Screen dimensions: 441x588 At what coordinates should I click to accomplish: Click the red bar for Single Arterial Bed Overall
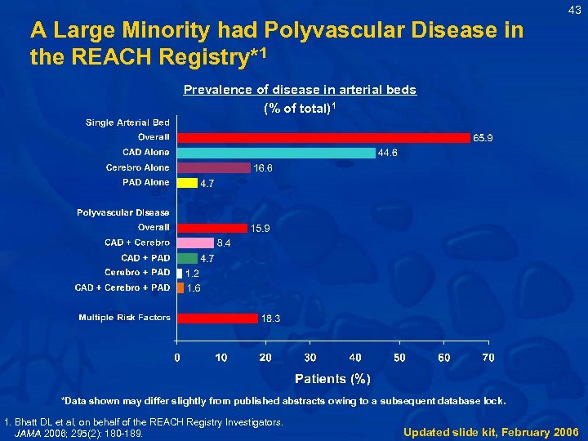tap(324, 137)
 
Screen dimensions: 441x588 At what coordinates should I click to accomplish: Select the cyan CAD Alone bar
tap(276, 153)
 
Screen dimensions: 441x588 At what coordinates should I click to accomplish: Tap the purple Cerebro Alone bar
tap(214, 167)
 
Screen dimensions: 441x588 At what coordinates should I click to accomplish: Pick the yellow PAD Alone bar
tap(188, 183)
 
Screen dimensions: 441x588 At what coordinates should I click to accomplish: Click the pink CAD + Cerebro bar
tap(196, 243)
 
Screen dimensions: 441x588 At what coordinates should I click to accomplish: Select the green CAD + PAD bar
tap(188, 258)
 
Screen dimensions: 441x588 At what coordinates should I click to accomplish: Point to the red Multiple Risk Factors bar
tap(218, 318)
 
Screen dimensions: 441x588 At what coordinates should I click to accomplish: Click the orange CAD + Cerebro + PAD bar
tap(180, 287)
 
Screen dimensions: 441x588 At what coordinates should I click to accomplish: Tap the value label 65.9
tap(483, 138)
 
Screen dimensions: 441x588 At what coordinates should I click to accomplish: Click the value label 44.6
tap(388, 153)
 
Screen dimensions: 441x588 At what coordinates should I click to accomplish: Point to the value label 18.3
tap(270, 318)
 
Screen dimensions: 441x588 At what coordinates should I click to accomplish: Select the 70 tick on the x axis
tap(488, 358)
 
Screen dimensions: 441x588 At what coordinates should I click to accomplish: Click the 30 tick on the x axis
tap(310, 358)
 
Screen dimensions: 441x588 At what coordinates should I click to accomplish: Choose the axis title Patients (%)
tap(332, 379)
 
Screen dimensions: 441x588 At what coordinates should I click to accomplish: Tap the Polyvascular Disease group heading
tap(123, 212)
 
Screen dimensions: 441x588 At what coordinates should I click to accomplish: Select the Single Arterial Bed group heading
tap(127, 122)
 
